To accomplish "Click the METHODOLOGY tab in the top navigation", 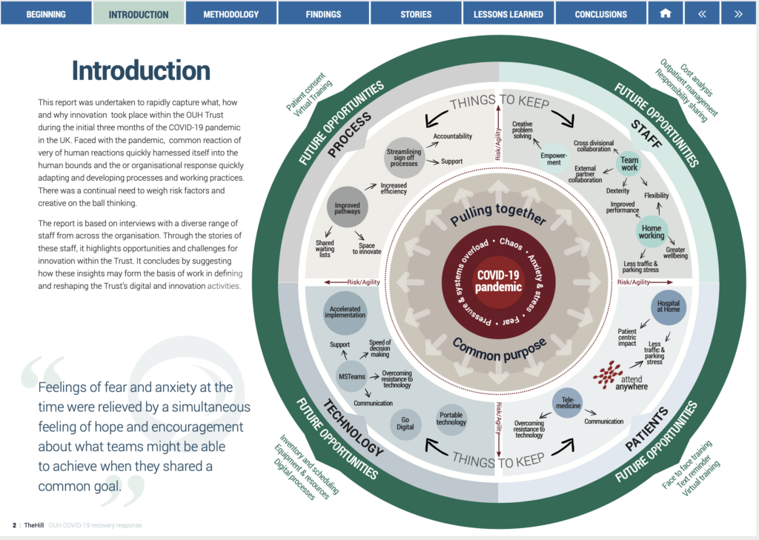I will pyautogui.click(x=231, y=13).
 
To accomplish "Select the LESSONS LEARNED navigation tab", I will pyautogui.click(x=508, y=13).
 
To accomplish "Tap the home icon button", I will pyautogui.click(x=665, y=13).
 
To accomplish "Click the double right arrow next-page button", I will pyautogui.click(x=738, y=13).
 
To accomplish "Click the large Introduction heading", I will pyautogui.click(x=141, y=70).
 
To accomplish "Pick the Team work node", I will pyautogui.click(x=629, y=163).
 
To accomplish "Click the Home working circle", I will pyautogui.click(x=652, y=231).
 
